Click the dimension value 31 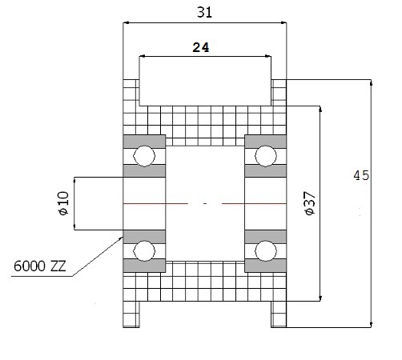(x=204, y=12)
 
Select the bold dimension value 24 (x=201, y=47)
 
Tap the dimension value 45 (x=361, y=175)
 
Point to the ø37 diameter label (x=310, y=203)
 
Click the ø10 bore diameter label (x=63, y=203)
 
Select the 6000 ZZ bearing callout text (x=39, y=266)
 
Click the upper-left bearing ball (x=144, y=156)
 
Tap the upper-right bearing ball (x=266, y=156)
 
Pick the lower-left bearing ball (x=144, y=251)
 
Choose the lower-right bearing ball (x=266, y=251)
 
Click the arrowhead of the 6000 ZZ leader (x=121, y=238)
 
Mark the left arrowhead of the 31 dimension (x=126, y=23)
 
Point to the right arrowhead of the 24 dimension (x=267, y=56)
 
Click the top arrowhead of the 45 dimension (x=372, y=82)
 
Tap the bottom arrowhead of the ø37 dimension (x=320, y=298)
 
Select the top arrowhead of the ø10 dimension (x=74, y=180)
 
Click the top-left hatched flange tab (x=131, y=93)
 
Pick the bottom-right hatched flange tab (x=279, y=314)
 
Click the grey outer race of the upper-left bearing (x=144, y=142)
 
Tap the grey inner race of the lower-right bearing (x=266, y=237)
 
